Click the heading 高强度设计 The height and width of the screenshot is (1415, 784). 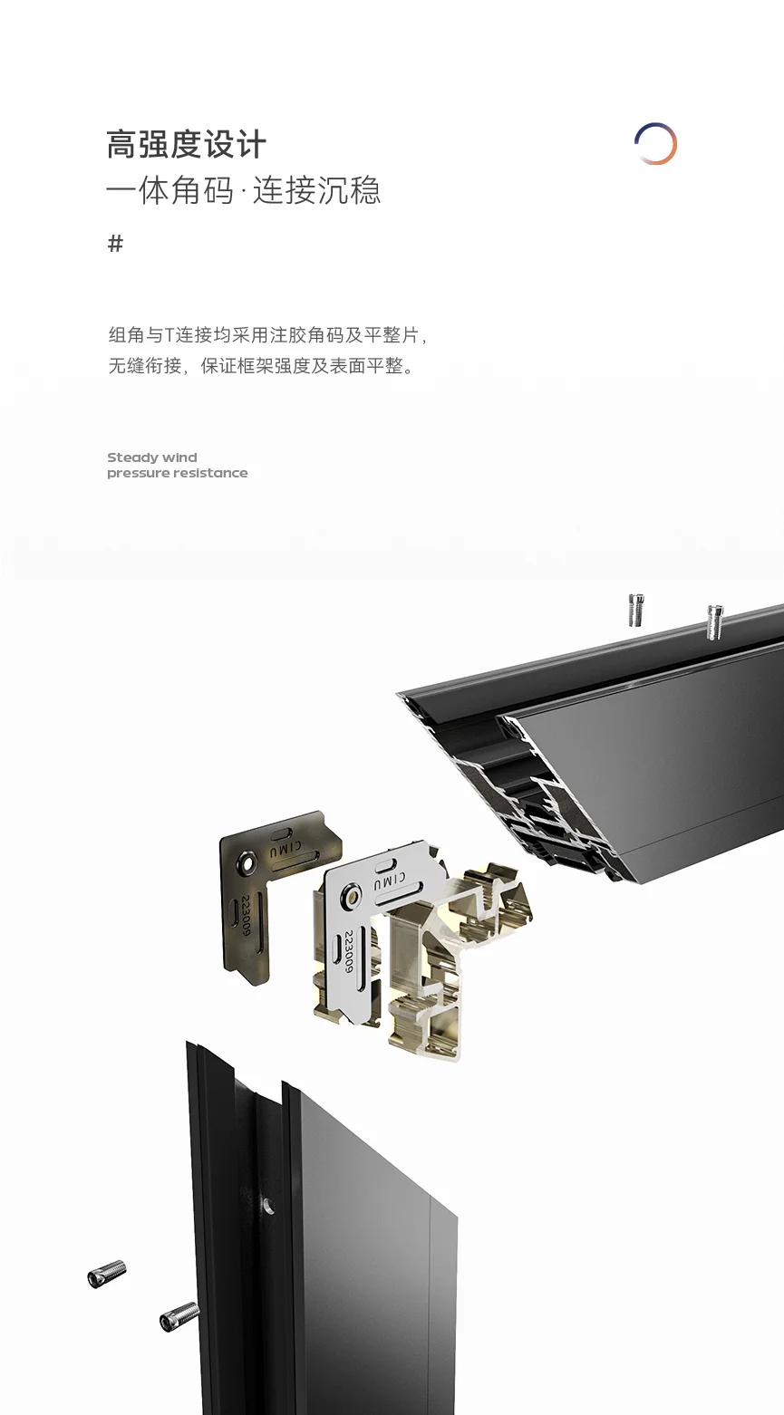click(x=186, y=145)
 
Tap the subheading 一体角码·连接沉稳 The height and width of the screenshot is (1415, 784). click(x=244, y=189)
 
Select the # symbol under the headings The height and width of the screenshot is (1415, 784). click(x=115, y=243)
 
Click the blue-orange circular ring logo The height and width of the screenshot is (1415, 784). click(x=655, y=143)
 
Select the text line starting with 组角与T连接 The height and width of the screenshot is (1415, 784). click(x=268, y=335)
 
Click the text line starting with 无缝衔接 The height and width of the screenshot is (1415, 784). click(x=261, y=366)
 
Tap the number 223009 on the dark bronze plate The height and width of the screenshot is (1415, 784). click(x=246, y=915)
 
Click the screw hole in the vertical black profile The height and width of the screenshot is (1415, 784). click(x=268, y=1205)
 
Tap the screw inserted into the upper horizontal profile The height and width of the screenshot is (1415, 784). click(x=714, y=621)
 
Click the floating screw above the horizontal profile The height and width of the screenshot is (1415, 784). click(x=636, y=610)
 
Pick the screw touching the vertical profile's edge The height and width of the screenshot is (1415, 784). click(x=179, y=1317)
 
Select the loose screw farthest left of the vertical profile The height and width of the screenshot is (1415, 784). click(x=107, y=1274)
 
